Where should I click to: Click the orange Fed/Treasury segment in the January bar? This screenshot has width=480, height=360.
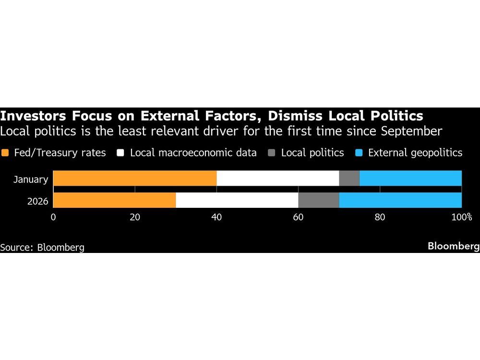[135, 178]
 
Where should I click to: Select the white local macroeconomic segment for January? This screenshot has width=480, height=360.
[277, 178]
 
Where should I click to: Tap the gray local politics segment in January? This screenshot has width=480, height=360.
[349, 178]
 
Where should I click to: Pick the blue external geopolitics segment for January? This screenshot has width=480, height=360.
[410, 178]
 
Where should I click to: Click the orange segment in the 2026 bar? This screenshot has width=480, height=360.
[114, 200]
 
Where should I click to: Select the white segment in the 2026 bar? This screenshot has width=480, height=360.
[237, 200]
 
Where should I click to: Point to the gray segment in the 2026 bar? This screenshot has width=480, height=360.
[318, 200]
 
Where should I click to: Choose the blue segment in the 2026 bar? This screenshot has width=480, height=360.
[400, 200]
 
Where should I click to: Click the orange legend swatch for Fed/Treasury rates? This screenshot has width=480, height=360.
[5, 153]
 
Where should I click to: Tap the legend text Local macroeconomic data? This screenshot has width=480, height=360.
[193, 153]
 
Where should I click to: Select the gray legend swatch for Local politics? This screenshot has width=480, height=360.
[272, 153]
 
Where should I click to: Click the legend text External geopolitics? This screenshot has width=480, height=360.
[415, 153]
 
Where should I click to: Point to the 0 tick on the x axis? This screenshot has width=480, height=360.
[53, 217]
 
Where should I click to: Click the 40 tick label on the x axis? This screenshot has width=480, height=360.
[216, 217]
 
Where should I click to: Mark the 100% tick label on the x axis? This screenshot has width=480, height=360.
[461, 217]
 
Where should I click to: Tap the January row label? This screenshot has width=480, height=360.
[31, 180]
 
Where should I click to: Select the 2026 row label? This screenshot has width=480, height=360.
[37, 201]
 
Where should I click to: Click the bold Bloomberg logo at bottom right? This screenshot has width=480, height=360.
[453, 246]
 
